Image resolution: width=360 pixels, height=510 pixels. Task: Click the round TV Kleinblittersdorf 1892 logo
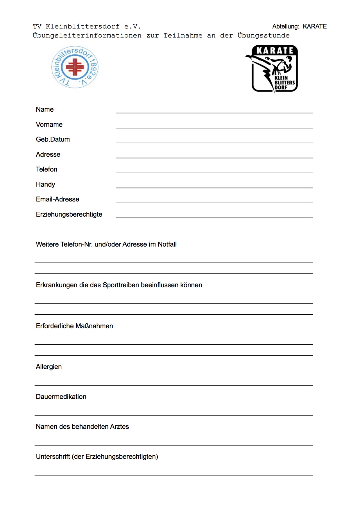[75, 67]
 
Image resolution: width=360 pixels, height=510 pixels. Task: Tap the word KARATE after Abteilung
[315, 26]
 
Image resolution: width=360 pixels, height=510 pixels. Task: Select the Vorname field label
[49, 124]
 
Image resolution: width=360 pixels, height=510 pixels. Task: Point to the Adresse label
[48, 154]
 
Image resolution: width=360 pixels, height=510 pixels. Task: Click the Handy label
[45, 184]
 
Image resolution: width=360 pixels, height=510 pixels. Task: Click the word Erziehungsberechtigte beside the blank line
[69, 214]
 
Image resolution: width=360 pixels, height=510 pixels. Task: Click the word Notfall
[167, 244]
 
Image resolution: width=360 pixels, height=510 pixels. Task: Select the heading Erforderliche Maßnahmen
[74, 326]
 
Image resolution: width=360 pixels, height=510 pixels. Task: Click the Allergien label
[49, 367]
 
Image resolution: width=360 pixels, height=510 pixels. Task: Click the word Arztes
[120, 427]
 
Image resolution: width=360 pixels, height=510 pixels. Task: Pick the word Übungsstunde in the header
[263, 35]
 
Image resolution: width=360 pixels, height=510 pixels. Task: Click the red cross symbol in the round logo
[75, 67]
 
